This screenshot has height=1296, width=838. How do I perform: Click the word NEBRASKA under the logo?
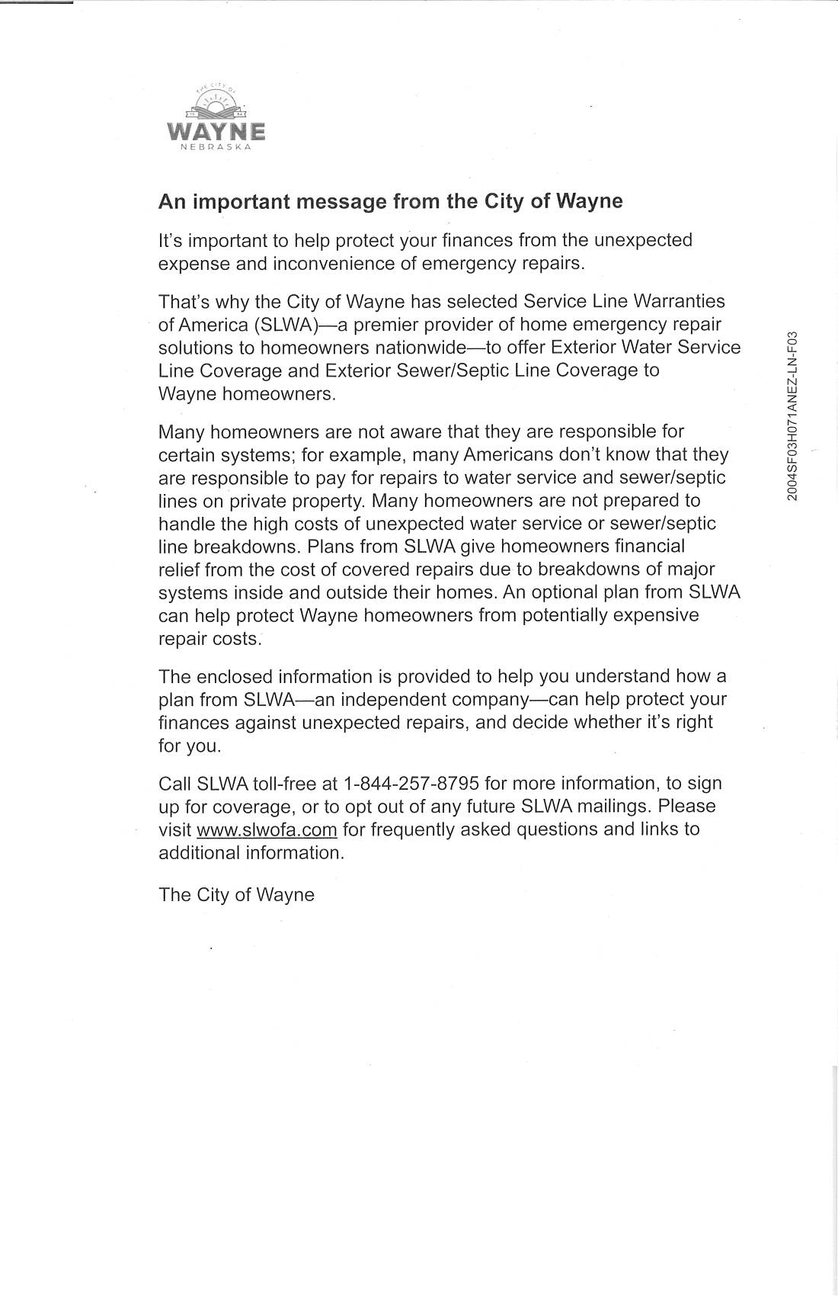click(216, 147)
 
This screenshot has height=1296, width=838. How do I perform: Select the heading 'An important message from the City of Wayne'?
click(390, 201)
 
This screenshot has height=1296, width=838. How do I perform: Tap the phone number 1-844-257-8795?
click(411, 783)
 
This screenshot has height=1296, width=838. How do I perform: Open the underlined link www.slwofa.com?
click(267, 829)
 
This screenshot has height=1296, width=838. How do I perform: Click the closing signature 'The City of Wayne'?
click(236, 894)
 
